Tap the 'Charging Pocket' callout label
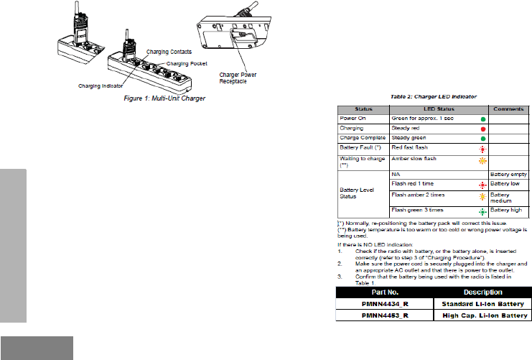pos(185,64)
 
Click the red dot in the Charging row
pos(482,128)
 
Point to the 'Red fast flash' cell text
pos(410,147)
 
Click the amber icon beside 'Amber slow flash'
pos(482,160)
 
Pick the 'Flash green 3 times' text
pos(417,209)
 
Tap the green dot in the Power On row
pos(482,118)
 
